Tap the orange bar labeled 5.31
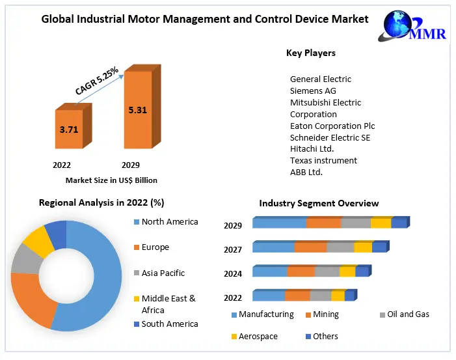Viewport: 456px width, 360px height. click(x=137, y=110)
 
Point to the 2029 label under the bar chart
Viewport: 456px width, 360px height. click(x=130, y=165)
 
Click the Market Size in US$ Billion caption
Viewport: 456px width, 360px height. click(x=111, y=180)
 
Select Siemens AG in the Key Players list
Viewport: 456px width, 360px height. click(x=313, y=91)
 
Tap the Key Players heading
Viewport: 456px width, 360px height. click(x=311, y=53)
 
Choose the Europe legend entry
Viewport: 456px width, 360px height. click(x=155, y=247)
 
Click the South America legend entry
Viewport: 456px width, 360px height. click(x=169, y=324)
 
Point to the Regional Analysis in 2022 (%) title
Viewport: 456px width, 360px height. click(x=101, y=202)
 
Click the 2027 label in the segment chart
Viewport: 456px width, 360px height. click(x=233, y=249)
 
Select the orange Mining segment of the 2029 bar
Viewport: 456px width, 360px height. click(x=323, y=223)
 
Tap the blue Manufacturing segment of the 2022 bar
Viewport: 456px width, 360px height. click(x=269, y=296)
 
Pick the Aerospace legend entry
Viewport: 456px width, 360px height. click(x=258, y=337)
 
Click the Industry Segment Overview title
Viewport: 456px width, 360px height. click(x=319, y=204)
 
